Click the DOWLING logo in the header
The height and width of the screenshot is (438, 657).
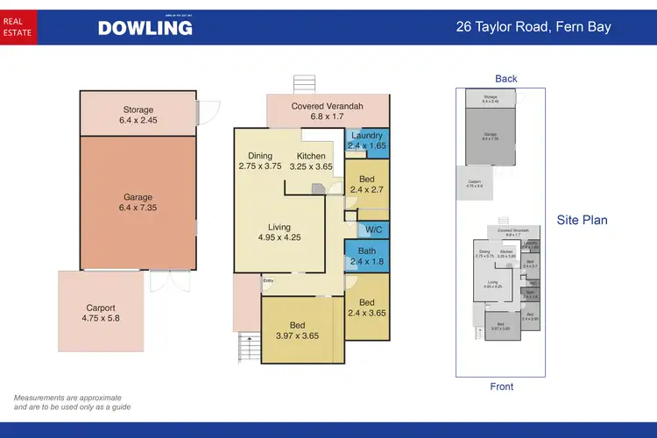pyautogui.click(x=145, y=27)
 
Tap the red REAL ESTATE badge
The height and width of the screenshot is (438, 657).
pyautogui.click(x=18, y=26)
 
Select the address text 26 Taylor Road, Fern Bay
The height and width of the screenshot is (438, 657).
pyautogui.click(x=533, y=27)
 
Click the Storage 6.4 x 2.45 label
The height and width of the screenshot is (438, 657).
pyautogui.click(x=138, y=116)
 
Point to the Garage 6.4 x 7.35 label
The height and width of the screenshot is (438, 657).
pyautogui.click(x=138, y=203)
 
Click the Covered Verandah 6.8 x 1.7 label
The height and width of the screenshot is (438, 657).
pyautogui.click(x=328, y=111)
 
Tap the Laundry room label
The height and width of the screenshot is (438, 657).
pyautogui.click(x=366, y=142)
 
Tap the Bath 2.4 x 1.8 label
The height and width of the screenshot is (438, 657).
pyautogui.click(x=366, y=256)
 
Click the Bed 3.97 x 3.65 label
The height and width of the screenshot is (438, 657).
pyautogui.click(x=297, y=331)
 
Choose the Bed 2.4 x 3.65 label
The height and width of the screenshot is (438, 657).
pyautogui.click(x=366, y=307)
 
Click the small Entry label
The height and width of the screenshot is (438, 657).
pyautogui.click(x=268, y=281)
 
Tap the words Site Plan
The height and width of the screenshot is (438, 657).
pyautogui.click(x=582, y=220)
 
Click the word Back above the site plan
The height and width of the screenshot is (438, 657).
pyautogui.click(x=506, y=79)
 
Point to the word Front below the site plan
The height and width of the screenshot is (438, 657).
pyautogui.click(x=502, y=386)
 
